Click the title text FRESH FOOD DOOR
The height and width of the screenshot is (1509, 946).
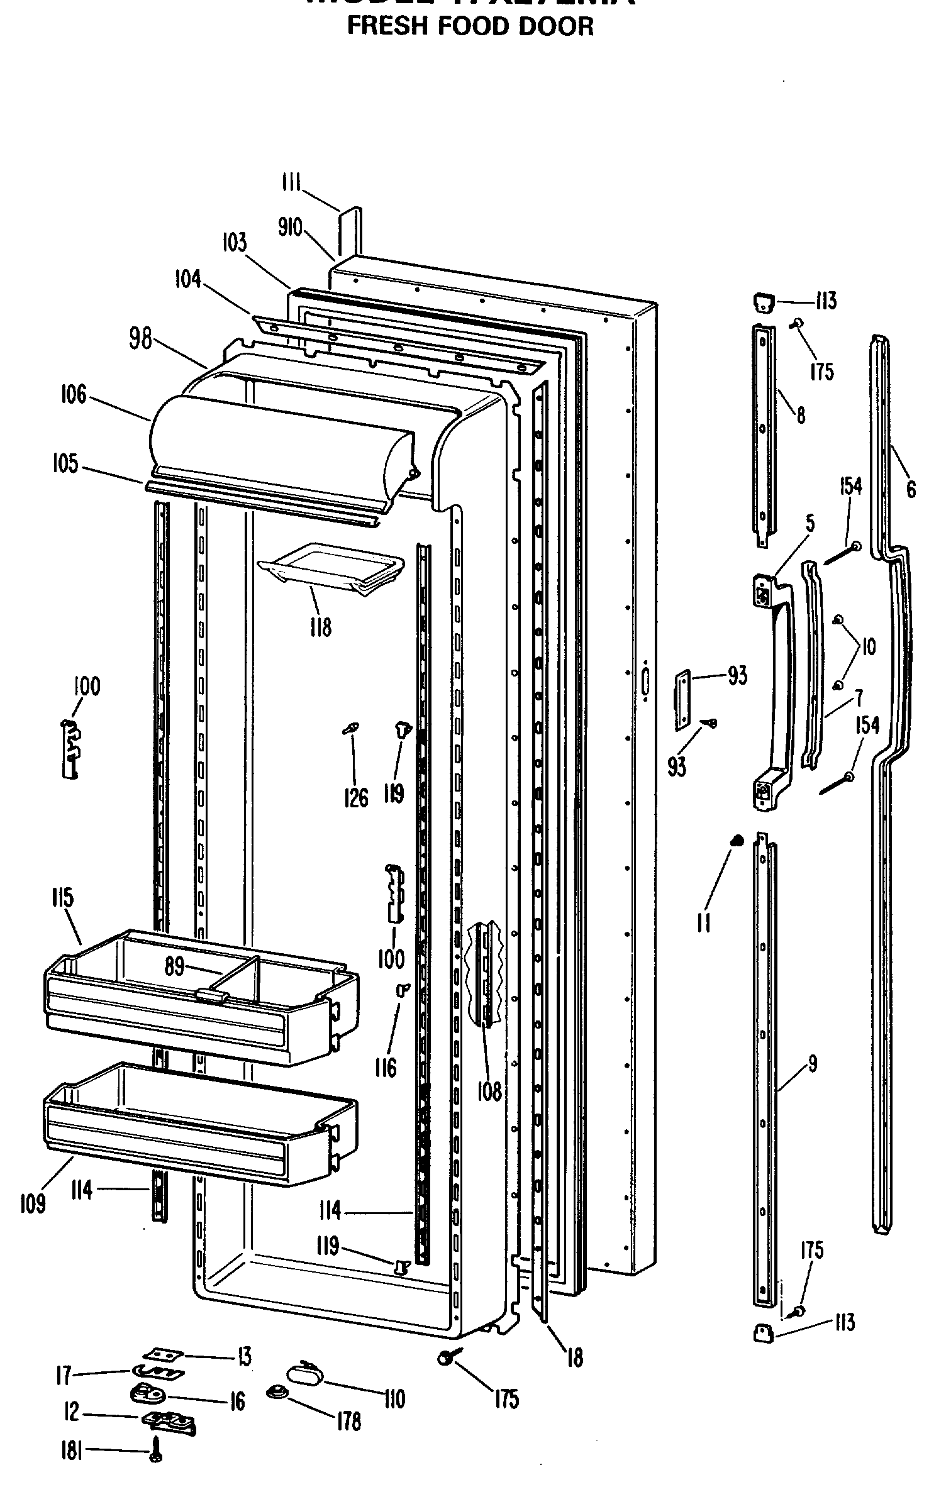(x=470, y=26)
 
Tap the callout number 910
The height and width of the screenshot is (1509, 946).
(x=290, y=227)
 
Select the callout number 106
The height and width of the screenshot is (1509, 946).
(x=74, y=396)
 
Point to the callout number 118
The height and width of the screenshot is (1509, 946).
(x=320, y=627)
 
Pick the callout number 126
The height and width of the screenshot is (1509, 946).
(x=357, y=798)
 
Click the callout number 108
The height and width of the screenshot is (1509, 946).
(x=489, y=1092)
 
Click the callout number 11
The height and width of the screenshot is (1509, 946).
(x=704, y=922)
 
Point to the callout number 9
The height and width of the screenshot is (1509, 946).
(x=812, y=1063)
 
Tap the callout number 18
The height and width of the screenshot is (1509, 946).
(x=574, y=1357)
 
